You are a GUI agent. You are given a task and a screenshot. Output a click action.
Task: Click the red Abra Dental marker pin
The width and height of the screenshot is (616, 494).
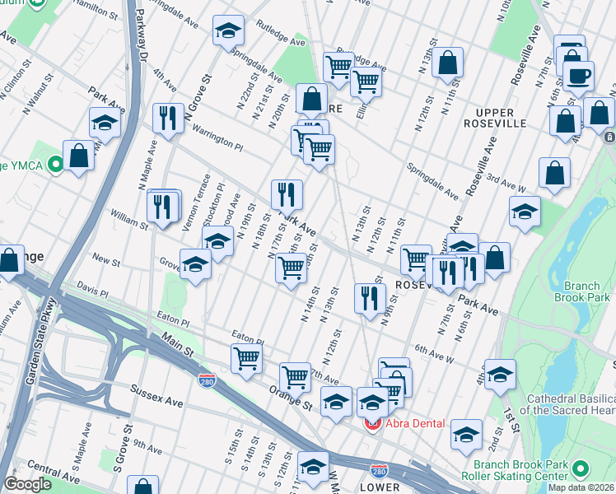[x=373, y=424]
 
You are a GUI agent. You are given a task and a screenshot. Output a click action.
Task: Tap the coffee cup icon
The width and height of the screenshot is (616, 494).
[x=578, y=77]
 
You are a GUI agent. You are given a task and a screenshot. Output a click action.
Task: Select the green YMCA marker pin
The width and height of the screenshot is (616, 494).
[x=55, y=165]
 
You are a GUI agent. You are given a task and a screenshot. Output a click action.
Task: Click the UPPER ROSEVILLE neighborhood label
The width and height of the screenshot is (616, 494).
[x=501, y=118]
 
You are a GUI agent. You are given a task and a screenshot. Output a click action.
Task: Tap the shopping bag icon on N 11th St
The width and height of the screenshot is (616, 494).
[x=447, y=62]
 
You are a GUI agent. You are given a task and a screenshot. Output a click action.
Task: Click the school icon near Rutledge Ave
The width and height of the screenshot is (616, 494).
[x=228, y=31]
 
